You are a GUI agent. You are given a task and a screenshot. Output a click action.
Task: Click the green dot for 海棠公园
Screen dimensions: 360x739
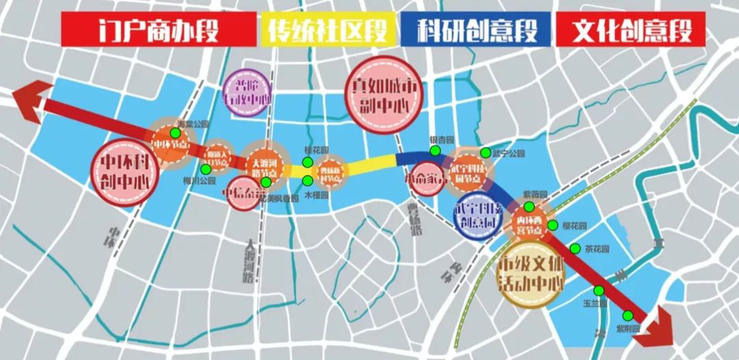pyautogui.click(x=176, y=133)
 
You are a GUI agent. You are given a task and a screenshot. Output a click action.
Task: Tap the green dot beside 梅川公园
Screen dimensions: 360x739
pyautogui.click(x=206, y=169)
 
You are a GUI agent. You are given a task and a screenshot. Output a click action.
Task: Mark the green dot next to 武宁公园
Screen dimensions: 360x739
pyautogui.click(x=485, y=153)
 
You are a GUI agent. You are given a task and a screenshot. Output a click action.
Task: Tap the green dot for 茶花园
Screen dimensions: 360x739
pyautogui.click(x=575, y=248)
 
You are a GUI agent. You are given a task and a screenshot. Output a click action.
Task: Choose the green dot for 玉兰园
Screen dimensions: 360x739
pyautogui.click(x=599, y=290)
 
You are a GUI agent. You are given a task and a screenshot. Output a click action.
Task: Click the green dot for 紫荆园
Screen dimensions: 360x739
pyautogui.click(x=628, y=316)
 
